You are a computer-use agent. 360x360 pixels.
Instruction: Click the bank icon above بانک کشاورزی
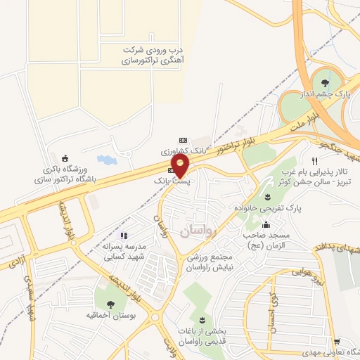[184, 140]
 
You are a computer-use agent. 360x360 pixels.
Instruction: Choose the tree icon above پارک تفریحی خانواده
[268, 196]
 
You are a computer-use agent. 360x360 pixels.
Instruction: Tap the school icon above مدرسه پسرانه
[124, 236]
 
